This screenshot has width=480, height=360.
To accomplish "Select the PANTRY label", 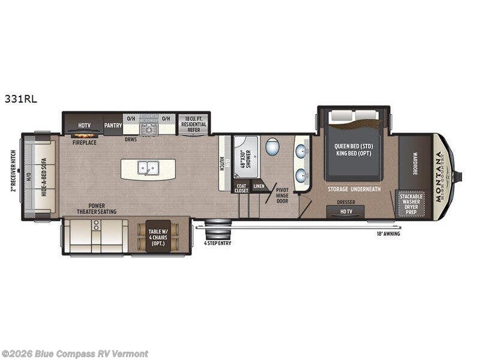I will click(x=113, y=125).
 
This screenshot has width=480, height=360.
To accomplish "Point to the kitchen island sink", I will click(x=148, y=169).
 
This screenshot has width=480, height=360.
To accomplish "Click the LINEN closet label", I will click(x=258, y=187).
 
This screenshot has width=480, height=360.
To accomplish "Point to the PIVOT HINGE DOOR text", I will click(x=282, y=194).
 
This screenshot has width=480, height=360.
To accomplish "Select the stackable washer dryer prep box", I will click(x=411, y=204).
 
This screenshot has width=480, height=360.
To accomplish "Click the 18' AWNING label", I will click(x=388, y=233).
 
